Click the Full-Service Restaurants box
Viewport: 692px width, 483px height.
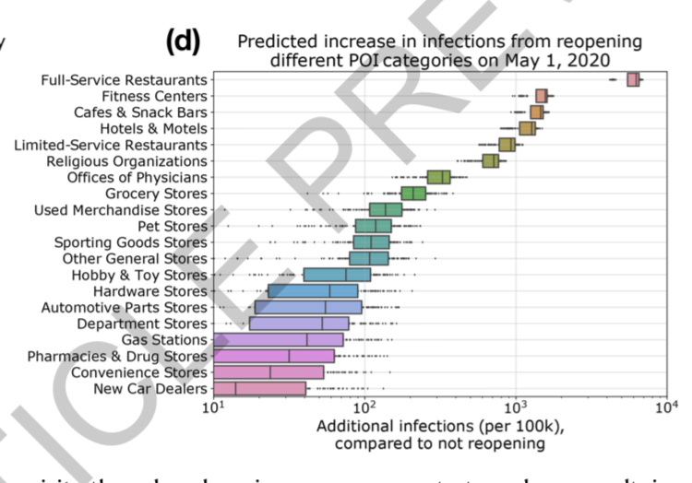(633, 80)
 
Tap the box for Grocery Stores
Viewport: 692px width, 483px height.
(413, 194)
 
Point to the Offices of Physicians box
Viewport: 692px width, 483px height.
(439, 177)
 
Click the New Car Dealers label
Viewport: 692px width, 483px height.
(150, 389)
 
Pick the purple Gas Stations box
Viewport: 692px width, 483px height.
(278, 340)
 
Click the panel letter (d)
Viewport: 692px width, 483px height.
(183, 41)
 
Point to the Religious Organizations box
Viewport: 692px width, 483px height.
(491, 161)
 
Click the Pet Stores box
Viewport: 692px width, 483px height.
(378, 226)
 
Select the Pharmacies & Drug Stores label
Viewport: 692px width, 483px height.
(117, 356)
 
